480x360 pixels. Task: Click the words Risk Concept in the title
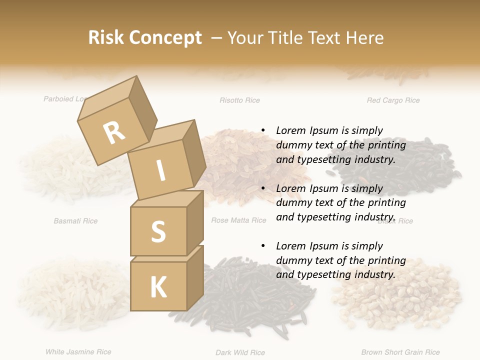tap(145, 37)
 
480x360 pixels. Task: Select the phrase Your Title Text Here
tap(305, 37)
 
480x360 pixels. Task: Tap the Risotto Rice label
tap(239, 100)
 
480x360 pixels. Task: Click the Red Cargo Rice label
tap(393, 100)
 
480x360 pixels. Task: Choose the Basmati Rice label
tap(75, 220)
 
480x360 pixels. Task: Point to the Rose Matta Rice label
tap(238, 220)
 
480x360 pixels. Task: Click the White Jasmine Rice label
tap(78, 352)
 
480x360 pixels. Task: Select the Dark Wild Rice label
tap(240, 352)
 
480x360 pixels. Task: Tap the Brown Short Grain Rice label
tap(400, 352)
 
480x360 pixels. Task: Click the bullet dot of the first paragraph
tap(263, 130)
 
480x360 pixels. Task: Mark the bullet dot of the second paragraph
tap(263, 188)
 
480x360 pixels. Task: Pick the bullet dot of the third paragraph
tap(263, 246)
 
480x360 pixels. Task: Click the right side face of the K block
tap(195, 277)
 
